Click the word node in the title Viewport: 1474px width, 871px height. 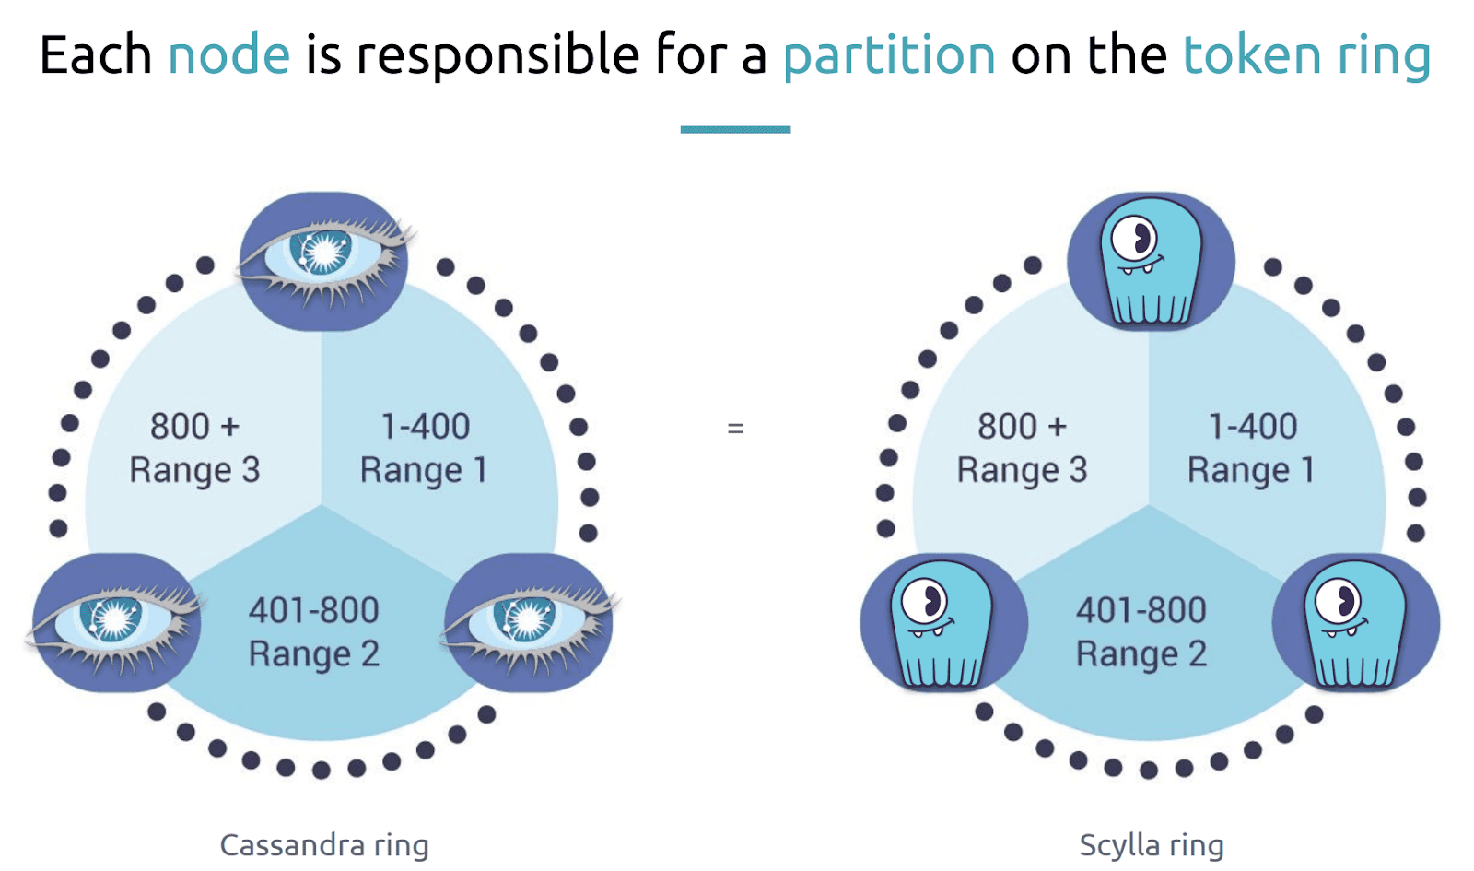pos(229,55)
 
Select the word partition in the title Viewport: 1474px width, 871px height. pos(889,56)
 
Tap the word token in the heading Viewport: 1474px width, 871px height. pos(1252,54)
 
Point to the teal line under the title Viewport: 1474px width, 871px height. pos(736,130)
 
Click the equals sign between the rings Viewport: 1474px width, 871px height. pos(736,429)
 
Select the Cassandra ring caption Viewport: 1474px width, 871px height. pos(323,845)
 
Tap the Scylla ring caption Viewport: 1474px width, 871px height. pos(1152,845)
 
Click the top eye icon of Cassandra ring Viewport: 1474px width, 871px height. pos(323,261)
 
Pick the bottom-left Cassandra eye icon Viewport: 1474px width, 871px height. pos(116,622)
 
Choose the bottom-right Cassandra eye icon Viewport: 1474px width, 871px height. pos(530,622)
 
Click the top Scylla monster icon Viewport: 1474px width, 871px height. pos(1151,261)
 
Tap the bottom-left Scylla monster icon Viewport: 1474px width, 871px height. pos(944,622)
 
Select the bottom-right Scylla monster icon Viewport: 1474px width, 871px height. pos(1356,622)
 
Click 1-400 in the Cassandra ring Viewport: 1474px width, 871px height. pos(425,426)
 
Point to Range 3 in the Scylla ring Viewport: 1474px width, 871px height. pos(1022,470)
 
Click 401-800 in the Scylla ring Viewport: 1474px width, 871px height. pos(1141,610)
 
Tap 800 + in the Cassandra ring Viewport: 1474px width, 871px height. pos(194,426)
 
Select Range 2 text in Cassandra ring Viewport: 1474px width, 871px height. pos(314,654)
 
